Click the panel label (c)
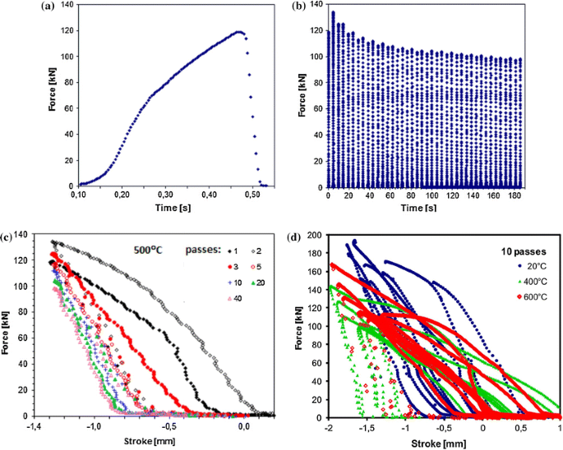tap(7, 239)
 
